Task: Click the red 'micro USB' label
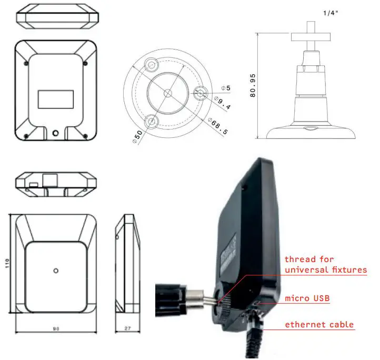tap(307, 298)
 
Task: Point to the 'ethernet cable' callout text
tap(319, 324)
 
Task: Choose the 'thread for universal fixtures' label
tap(325, 264)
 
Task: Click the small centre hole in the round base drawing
tap(167, 93)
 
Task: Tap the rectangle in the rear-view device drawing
tap(56, 99)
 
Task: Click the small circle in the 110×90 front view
tap(56, 271)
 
